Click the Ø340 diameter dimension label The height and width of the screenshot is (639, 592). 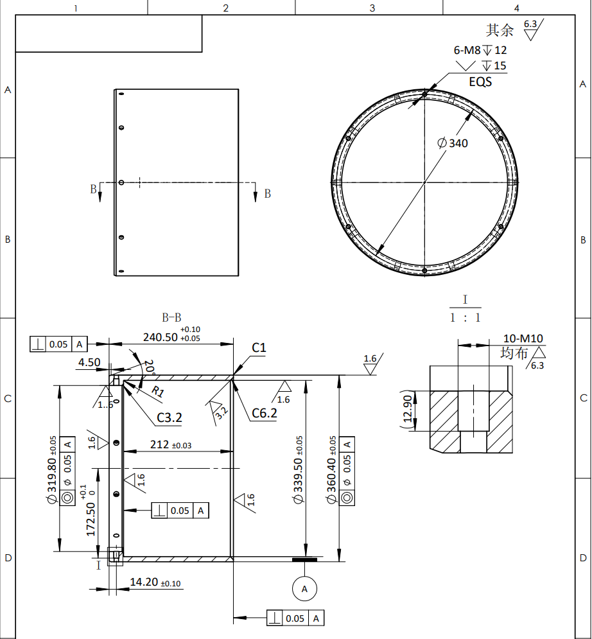[453, 143]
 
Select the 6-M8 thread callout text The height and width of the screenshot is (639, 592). [467, 50]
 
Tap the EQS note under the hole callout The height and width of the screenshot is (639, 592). [480, 82]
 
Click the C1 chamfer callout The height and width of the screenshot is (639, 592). [259, 347]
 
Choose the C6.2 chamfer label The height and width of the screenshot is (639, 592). [265, 413]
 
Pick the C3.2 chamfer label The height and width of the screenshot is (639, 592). [170, 417]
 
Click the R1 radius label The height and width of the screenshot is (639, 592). [158, 392]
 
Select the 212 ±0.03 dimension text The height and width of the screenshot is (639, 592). [171, 444]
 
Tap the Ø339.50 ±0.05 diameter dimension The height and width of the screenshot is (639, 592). [298, 470]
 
